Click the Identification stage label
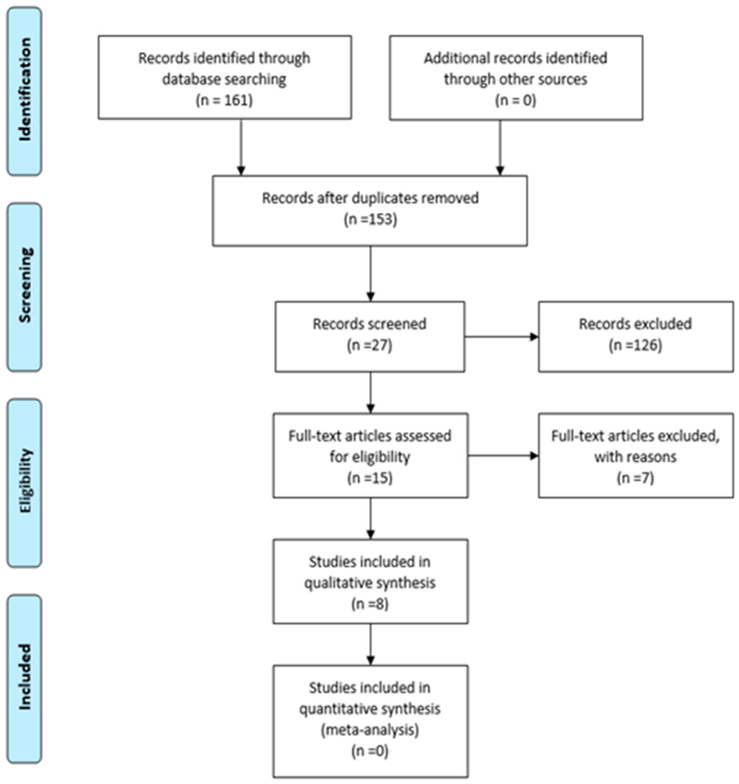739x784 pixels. pos(24,90)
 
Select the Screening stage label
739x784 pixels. pos(24,286)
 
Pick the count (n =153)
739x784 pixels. pos(370,219)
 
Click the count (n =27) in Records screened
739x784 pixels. pos(370,345)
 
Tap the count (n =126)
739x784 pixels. pos(635,345)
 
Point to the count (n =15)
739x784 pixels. pos(370,478)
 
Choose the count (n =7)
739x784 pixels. pos(635,478)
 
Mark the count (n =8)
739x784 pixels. pos(370,604)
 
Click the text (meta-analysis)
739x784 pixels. pos(370,730)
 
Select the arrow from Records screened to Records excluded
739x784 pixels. pos(501,337)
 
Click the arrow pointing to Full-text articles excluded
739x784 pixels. pos(503,456)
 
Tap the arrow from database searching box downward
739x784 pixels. pos(241,148)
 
